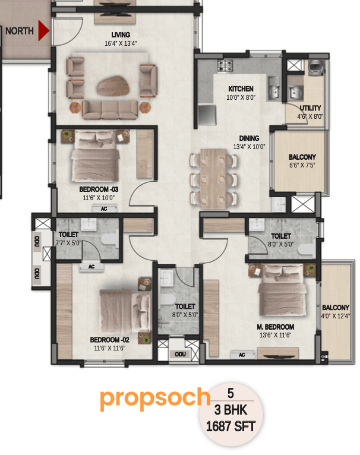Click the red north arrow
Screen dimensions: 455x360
43,31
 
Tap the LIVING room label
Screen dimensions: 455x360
121,35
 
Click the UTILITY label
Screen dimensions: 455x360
310,108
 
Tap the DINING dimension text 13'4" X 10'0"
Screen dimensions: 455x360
249,147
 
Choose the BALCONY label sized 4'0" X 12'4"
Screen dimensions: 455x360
336,307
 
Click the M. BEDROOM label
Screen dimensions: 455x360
276,327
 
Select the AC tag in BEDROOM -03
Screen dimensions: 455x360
104,209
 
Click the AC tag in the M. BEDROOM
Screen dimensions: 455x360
242,355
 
